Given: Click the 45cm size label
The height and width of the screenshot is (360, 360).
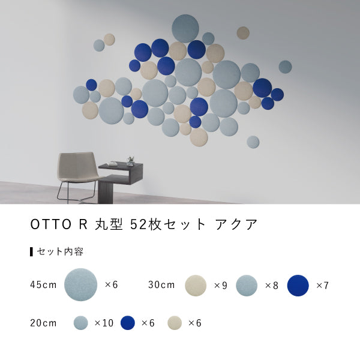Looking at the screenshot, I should tap(43, 284).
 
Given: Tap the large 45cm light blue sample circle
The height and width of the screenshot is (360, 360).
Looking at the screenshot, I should tap(80, 284).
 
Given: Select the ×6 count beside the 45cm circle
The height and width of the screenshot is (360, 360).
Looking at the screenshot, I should tap(112, 284).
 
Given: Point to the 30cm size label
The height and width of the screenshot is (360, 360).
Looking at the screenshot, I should tap(161, 284).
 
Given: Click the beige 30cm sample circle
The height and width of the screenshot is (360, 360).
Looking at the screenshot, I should tap(196, 286).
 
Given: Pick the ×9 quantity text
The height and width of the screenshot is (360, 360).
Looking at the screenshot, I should tap(221, 286).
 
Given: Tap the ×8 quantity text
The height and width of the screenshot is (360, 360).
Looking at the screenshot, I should tap(272, 286).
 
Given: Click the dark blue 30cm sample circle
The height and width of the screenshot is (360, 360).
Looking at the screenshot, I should tap(298, 286).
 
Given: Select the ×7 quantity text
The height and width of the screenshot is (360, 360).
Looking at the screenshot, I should tap(322, 286).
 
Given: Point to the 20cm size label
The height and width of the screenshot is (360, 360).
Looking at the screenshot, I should tap(43, 323).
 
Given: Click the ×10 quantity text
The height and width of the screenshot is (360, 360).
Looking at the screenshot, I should tap(104, 323).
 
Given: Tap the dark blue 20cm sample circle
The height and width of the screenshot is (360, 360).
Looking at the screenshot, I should tap(127, 323).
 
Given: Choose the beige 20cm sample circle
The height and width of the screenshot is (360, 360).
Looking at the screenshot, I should tap(174, 323).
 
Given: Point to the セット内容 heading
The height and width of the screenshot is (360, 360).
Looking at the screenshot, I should tap(60, 251).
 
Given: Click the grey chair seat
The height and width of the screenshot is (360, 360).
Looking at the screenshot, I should tap(77, 175).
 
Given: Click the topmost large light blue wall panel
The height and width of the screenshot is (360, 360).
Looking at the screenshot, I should tap(185, 28).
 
